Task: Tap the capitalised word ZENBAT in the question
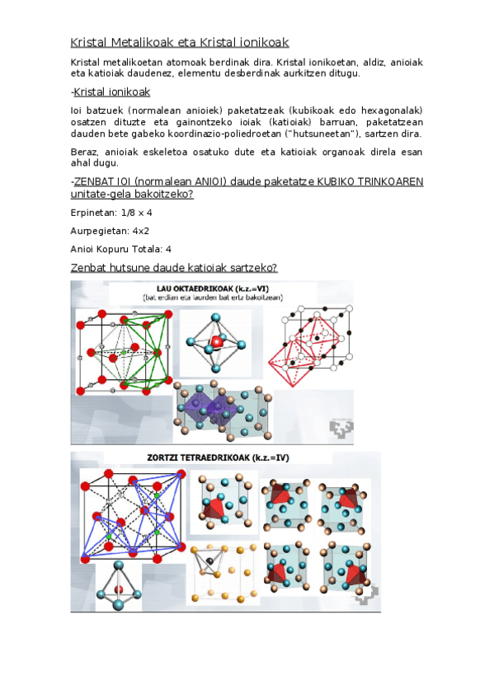[x=94, y=181]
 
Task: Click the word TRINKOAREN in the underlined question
[x=386, y=181]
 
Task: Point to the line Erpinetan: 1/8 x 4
[x=111, y=212]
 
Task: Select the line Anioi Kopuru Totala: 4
[x=121, y=250]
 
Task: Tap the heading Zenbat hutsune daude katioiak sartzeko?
[x=173, y=269]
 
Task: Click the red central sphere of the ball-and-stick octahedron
[x=217, y=340]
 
